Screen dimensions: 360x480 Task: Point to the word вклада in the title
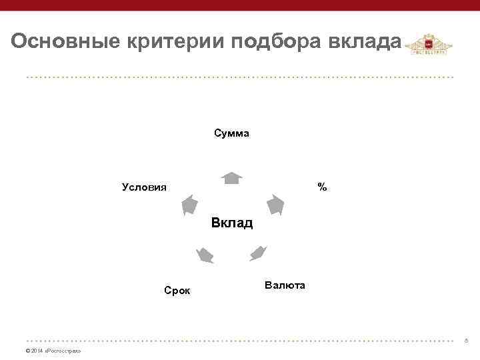coord(365,42)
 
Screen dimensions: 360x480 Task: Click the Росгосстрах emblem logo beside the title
coord(429,47)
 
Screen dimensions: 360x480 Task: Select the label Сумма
coord(232,133)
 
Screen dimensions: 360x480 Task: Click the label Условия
coord(145,187)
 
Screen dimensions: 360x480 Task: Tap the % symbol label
coord(322,187)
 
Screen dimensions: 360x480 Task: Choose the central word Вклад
coord(232,223)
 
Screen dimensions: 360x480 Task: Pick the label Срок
coord(177,290)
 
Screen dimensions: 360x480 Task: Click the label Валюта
coord(285,285)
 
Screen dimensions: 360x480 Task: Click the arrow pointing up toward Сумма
coord(232,177)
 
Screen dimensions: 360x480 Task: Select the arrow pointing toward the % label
coord(275,204)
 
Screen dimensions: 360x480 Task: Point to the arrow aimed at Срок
coord(205,254)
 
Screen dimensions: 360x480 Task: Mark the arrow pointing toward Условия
coord(190,205)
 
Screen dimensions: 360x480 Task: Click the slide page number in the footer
coord(466,341)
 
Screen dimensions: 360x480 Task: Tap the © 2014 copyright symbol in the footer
coord(27,351)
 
